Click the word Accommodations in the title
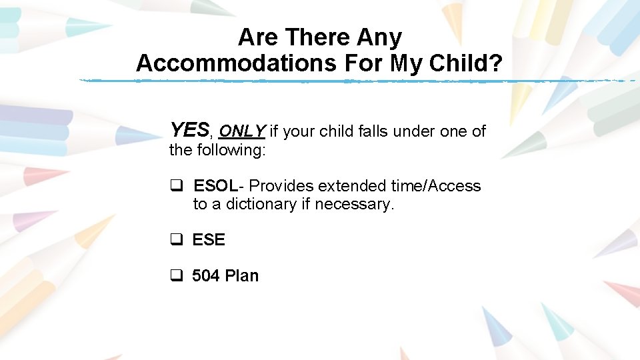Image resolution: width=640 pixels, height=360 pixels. [x=236, y=63]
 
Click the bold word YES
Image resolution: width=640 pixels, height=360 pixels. [x=189, y=130]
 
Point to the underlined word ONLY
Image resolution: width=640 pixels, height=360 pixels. [x=243, y=131]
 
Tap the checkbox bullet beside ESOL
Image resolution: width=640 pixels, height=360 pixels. [x=177, y=187]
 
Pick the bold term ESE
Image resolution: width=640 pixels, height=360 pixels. [x=209, y=240]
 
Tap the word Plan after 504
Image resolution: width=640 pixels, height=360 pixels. [x=242, y=276]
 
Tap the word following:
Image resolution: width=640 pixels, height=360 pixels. [x=231, y=150]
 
